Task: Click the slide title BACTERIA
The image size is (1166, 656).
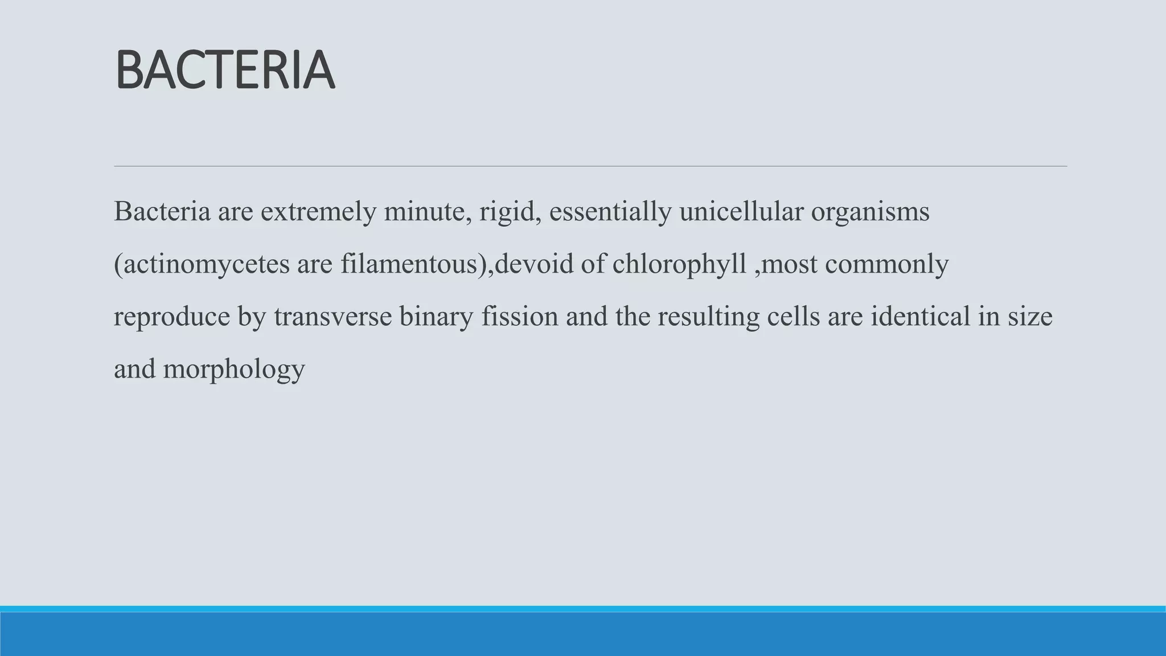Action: click(225, 71)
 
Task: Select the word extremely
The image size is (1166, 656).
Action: click(319, 212)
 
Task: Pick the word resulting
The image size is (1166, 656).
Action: click(708, 317)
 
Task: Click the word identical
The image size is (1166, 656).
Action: click(920, 317)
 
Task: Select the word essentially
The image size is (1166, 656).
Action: click(610, 212)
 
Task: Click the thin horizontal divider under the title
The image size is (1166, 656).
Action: click(590, 166)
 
